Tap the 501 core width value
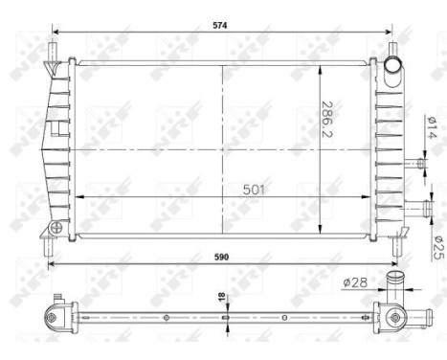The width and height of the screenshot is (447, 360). coord(253,189)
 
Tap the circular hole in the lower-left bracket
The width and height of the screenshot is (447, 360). coord(56,228)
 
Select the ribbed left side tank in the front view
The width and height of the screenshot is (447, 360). coord(58,144)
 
